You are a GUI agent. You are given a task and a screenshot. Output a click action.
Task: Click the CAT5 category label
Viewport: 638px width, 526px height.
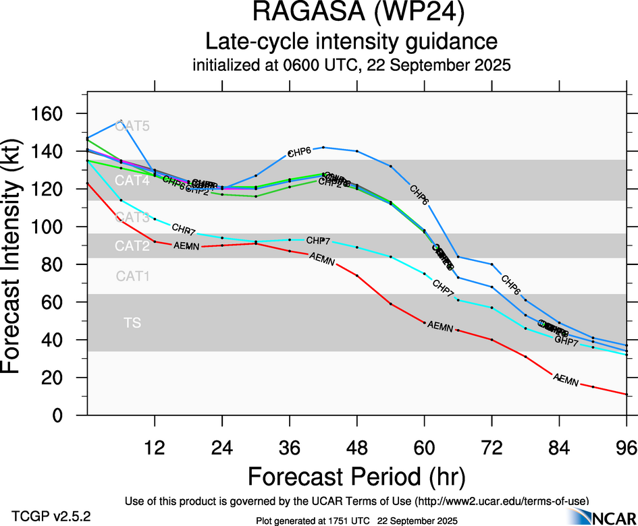click(132, 126)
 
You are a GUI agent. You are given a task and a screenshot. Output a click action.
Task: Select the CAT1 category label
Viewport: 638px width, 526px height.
click(132, 276)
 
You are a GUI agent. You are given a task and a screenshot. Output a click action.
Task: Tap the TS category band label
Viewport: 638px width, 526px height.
click(132, 324)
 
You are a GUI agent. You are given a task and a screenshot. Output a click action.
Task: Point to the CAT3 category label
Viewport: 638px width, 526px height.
click(132, 217)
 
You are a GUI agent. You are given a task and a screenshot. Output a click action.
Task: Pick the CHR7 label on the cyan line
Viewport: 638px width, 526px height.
click(184, 229)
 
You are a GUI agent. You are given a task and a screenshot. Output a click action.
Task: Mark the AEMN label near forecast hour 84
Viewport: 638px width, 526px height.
click(566, 380)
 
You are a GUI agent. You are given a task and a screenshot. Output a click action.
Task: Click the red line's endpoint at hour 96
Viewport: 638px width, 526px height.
click(627, 394)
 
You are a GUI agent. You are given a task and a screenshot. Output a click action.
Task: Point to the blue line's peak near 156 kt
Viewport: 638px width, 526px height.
click(120, 121)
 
